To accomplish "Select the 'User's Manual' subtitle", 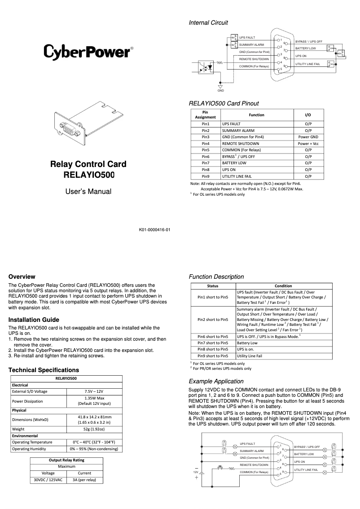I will pyautogui.click(x=88, y=192).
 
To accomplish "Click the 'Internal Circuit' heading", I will pyautogui.click(x=208, y=22).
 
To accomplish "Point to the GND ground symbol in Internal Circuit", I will pyautogui.click(x=220, y=86).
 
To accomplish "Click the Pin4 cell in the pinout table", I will pyautogui.click(x=206, y=143).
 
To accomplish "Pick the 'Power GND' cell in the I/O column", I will pyautogui.click(x=308, y=136).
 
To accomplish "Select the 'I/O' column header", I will pyautogui.click(x=308, y=115).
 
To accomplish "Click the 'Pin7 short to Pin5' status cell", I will pyautogui.click(x=213, y=342).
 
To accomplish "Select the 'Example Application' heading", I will pyautogui.click(x=216, y=381).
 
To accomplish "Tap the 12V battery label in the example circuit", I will pyautogui.click(x=195, y=472).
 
